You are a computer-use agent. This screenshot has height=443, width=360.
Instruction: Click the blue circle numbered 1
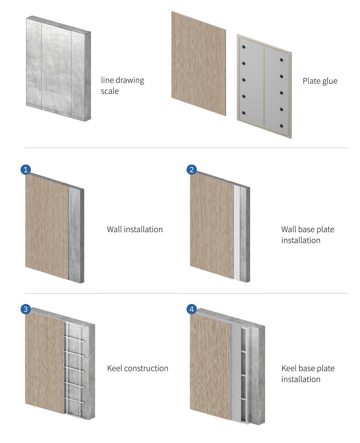26,169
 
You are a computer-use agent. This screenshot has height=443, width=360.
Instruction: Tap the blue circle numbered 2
192,169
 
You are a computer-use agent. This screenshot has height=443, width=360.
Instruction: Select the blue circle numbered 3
26,309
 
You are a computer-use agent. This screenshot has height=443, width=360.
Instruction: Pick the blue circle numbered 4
192,309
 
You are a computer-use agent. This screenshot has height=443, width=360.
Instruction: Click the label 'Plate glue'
320,81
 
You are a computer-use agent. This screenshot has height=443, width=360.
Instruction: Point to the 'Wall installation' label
135,229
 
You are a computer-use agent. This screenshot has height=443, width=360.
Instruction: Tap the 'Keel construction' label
138,368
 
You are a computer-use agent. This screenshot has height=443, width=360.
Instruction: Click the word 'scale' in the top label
110,91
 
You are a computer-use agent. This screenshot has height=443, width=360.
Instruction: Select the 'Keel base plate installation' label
308,374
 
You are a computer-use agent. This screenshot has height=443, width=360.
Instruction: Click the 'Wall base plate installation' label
307,235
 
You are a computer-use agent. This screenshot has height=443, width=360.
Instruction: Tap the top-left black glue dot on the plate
244,47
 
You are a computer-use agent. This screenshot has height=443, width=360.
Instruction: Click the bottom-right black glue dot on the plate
281,126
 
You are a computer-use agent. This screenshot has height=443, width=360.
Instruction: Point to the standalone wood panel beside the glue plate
199,63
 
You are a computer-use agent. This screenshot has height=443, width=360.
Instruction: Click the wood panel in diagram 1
47,227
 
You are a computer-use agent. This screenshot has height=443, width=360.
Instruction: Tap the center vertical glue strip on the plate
264,87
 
